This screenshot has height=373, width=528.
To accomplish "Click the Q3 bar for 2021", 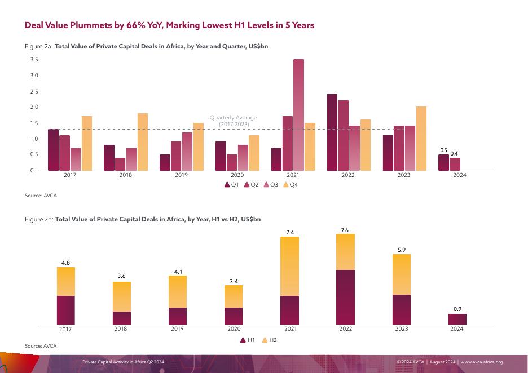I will click(298, 115).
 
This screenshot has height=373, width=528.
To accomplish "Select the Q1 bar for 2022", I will click(332, 132).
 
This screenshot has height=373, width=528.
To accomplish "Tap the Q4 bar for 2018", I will click(142, 142).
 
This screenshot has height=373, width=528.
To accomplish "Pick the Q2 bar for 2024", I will click(455, 164).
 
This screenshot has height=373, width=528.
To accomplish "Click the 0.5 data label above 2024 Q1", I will click(443, 150).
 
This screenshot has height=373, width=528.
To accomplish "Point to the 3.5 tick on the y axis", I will click(34, 60).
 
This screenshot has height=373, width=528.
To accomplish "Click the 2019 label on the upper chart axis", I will click(182, 175).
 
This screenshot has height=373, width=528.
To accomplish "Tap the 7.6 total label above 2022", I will click(344, 229).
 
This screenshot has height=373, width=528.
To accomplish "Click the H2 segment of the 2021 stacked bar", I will click(289, 266).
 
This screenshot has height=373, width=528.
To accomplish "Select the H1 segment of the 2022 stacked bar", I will click(344, 297).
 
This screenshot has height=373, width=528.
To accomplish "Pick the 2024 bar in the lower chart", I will click(457, 319).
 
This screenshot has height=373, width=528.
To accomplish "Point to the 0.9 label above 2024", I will click(457, 309).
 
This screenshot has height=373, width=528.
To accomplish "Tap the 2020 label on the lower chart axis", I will click(234, 329).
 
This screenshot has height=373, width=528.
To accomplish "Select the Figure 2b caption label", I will click(39, 219).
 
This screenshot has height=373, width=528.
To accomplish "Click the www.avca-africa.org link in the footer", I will click(482, 362).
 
